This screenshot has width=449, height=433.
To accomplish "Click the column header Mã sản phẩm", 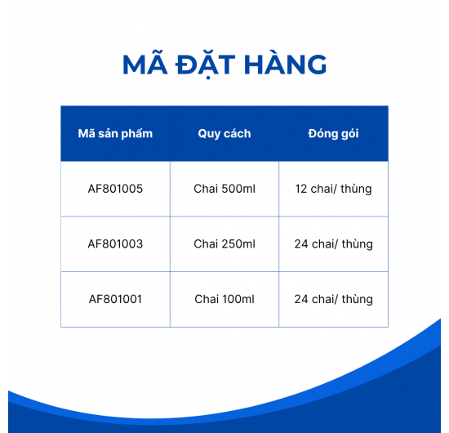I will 115,133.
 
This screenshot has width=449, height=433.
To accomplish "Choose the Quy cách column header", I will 224,133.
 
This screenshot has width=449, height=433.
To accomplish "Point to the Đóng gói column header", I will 333,133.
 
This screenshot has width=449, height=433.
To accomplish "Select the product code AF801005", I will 115,189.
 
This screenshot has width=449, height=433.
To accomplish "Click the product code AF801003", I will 115,243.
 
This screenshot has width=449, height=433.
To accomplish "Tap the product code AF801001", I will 115,299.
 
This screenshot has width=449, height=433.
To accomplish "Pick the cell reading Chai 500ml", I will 224,189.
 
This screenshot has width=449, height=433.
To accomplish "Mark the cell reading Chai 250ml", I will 224,243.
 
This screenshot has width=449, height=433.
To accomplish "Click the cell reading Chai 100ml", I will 224,299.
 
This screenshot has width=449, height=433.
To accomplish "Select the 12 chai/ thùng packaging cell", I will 333,189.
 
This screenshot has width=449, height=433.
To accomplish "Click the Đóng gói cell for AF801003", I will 333,243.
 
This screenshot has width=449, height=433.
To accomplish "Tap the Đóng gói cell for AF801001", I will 333,299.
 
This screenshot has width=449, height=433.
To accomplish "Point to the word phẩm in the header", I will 136,134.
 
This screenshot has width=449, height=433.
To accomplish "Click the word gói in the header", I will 349,134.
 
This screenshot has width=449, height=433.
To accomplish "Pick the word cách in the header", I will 237,133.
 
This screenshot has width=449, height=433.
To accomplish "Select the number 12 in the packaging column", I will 301,189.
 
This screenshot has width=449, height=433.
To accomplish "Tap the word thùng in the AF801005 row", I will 355,189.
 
